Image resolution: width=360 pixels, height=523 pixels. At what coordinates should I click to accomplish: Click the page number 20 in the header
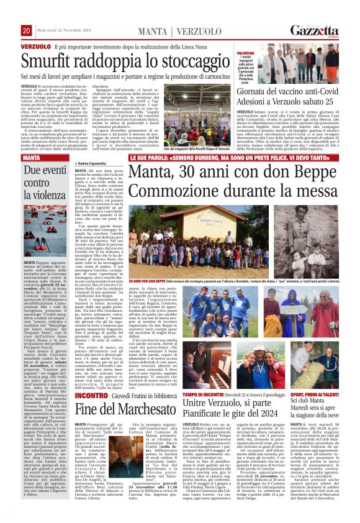(27, 31)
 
